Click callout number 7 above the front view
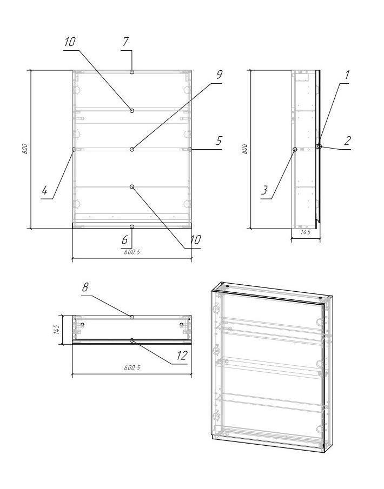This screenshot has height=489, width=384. point(125,42)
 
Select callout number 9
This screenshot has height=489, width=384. point(219,75)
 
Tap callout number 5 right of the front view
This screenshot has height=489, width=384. point(219,141)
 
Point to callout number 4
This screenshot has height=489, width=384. point(45,190)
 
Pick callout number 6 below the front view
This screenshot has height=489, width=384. point(124,239)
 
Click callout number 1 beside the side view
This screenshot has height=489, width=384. point(347,75)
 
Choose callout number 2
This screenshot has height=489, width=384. point(347,141)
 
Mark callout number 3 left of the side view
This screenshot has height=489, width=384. point(264,190)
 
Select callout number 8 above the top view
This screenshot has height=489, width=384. point(85,287)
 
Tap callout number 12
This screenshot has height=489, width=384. point(182,355)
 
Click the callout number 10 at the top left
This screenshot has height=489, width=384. point(70,42)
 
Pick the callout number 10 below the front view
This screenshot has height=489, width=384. point(195,239)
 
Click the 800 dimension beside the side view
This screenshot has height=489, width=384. point(245,149)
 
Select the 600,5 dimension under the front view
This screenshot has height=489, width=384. point(132,252)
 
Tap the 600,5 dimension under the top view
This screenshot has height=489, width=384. point(132,367)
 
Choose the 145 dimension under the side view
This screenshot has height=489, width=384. point(306,232)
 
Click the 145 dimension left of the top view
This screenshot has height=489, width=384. point(56,330)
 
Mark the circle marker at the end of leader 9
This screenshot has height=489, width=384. point(132,149)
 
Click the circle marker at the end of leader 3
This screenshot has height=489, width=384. point(294,149)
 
